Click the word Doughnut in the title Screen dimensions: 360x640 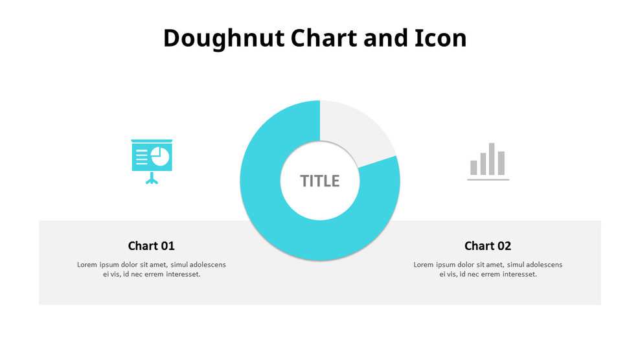[223, 38]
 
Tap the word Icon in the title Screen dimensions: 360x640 [440, 38]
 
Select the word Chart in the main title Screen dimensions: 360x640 [325, 38]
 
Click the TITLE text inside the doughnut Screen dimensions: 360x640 [319, 181]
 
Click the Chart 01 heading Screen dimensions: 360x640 [151, 246]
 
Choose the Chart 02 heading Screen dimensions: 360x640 [488, 246]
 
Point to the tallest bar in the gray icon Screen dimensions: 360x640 [492, 159]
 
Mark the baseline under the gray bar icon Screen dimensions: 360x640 [488, 179]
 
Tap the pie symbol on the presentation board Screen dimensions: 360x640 [160, 156]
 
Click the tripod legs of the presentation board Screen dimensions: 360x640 [152, 180]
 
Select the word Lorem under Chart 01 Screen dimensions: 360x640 [87, 264]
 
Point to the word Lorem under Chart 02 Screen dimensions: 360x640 [424, 264]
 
